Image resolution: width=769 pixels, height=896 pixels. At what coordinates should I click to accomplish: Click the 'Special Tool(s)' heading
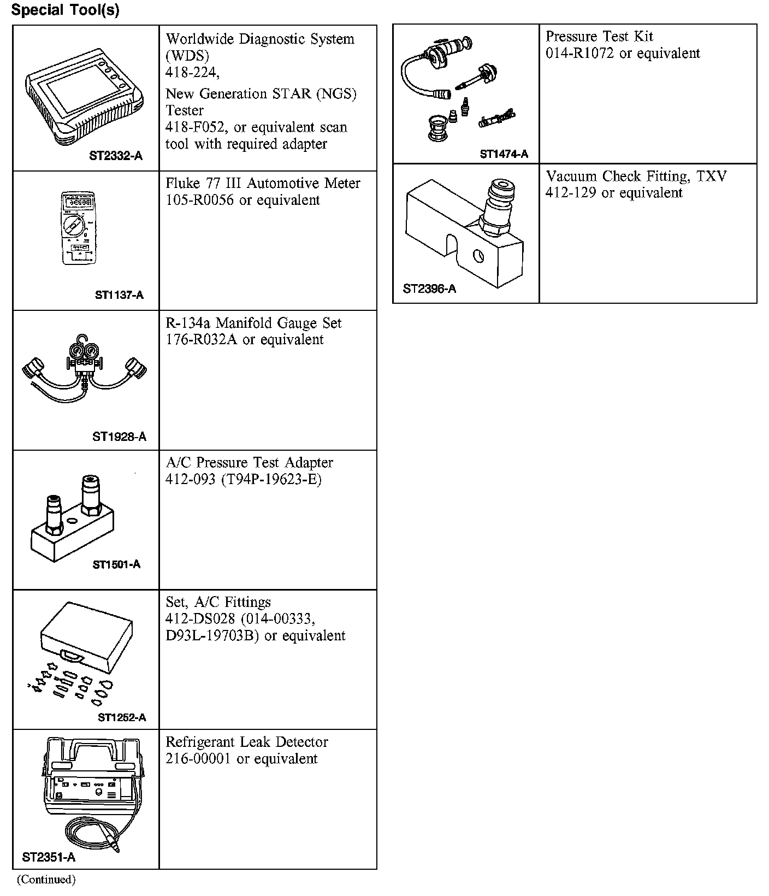pos(65,10)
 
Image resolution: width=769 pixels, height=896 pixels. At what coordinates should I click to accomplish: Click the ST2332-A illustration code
pos(115,156)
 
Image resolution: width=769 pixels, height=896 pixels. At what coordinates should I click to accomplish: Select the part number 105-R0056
pos(199,200)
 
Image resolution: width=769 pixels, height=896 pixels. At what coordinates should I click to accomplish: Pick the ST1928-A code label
pos(119,437)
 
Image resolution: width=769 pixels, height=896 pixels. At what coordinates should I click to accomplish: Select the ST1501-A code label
pos(116,564)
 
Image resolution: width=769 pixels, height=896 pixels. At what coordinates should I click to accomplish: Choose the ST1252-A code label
pos(122,717)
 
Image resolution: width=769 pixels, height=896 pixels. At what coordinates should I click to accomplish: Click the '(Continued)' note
pos(46,879)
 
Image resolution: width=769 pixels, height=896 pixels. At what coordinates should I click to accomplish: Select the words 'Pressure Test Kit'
pos(599,37)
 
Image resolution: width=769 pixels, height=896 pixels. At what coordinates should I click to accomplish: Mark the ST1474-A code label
pos(504,155)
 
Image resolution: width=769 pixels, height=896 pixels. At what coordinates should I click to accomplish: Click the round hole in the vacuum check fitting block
pos(478,255)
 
